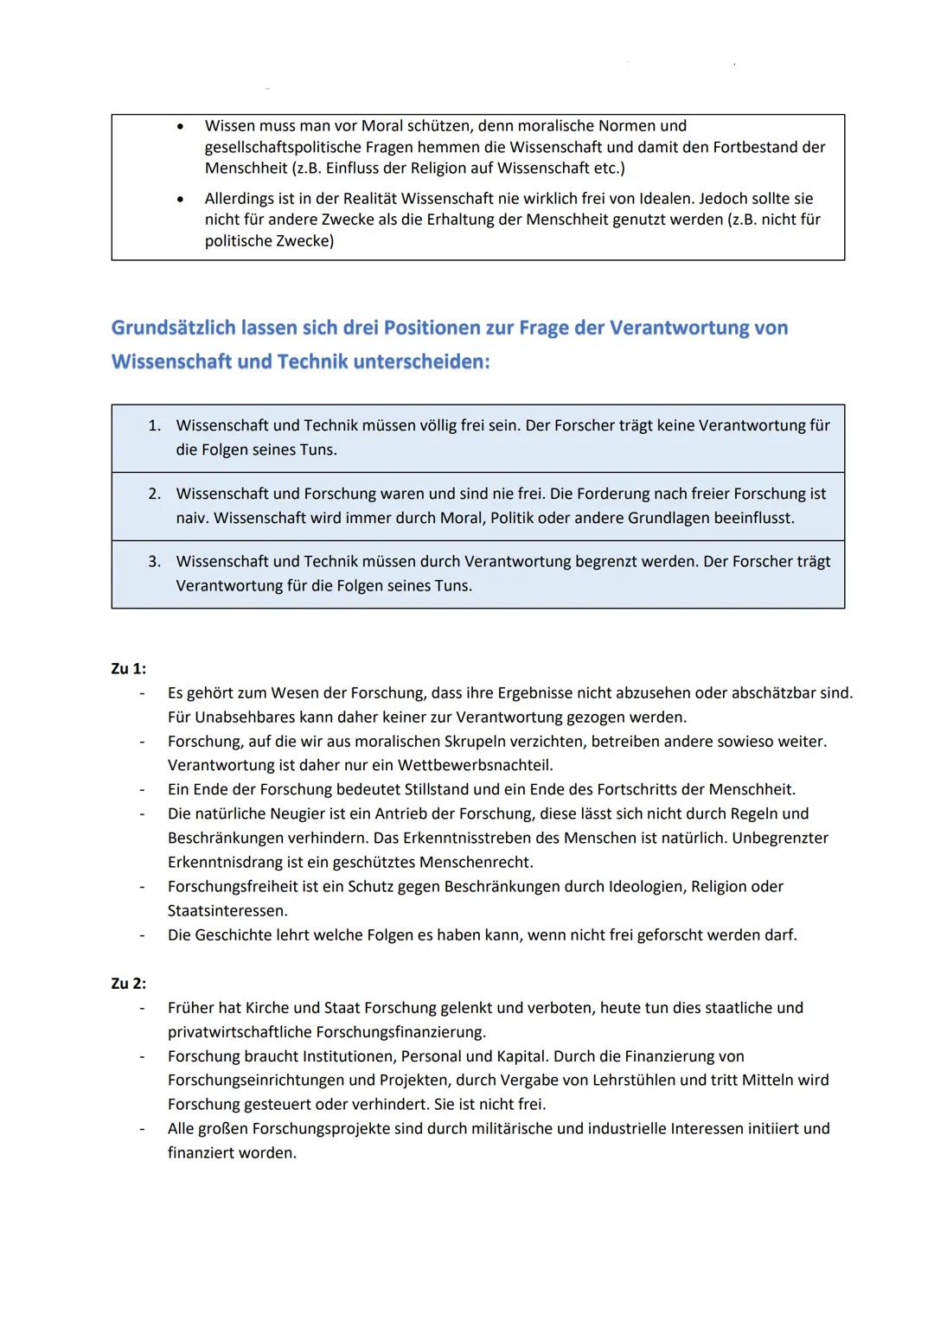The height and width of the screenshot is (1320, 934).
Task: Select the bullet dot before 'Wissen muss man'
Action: (180, 126)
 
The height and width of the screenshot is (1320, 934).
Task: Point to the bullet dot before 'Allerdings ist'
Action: (180, 199)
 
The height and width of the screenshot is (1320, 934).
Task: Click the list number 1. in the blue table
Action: (155, 425)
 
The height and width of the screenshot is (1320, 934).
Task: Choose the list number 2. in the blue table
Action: (155, 494)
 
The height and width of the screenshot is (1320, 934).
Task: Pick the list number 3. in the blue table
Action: (155, 561)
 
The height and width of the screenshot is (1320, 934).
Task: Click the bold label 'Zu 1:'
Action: (129, 668)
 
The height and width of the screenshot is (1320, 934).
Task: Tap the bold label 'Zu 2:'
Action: (129, 983)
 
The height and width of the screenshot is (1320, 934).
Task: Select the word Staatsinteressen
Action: (227, 910)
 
